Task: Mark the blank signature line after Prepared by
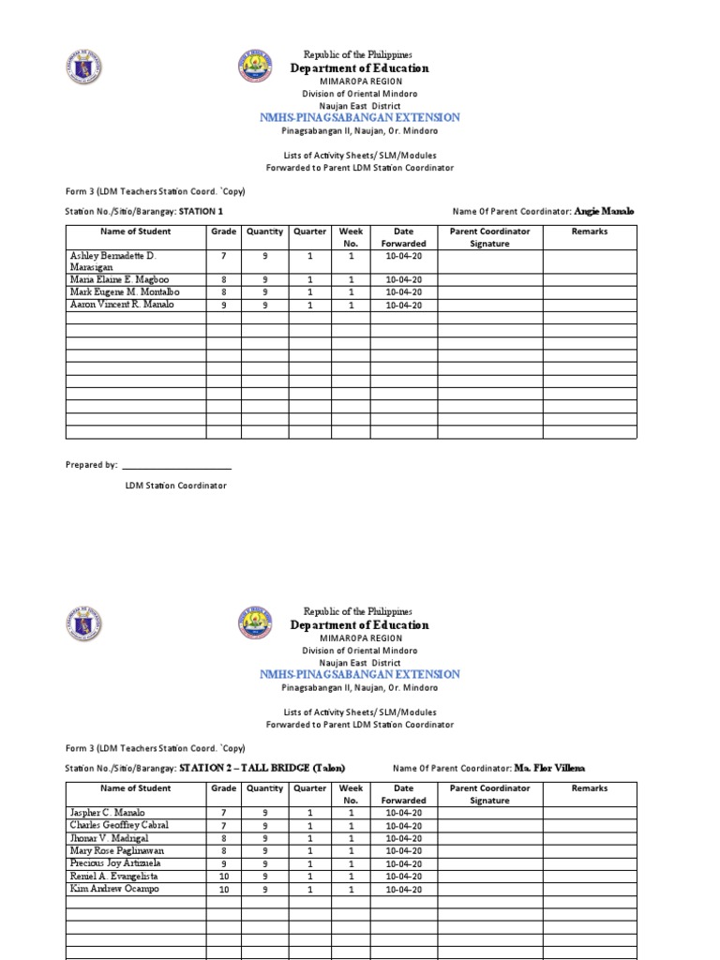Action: click(x=176, y=465)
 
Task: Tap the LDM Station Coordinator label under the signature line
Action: click(x=176, y=486)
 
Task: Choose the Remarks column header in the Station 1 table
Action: click(x=589, y=232)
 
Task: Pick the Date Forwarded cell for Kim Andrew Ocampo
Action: click(x=403, y=890)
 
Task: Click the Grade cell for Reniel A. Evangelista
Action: click(x=223, y=877)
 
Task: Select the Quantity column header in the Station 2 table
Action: click(x=265, y=788)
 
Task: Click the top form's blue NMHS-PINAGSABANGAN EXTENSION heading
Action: click(x=360, y=117)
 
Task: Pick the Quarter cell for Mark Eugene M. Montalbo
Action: click(x=310, y=292)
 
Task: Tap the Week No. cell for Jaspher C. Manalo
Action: click(x=352, y=813)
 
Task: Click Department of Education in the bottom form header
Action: click(x=360, y=625)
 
